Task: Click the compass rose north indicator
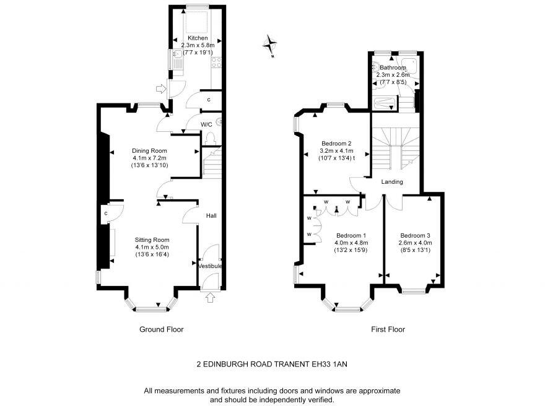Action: click(270, 45)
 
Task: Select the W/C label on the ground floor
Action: click(207, 124)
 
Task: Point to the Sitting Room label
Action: click(152, 240)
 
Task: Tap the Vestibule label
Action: click(210, 266)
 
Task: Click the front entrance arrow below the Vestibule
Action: click(210, 298)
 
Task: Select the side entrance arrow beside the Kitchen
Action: click(162, 89)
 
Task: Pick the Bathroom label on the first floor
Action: click(393, 67)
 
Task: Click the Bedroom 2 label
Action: click(336, 143)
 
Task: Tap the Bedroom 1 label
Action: click(351, 235)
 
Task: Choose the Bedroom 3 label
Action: click(415, 235)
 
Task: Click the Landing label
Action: click(392, 182)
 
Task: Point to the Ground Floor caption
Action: click(161, 329)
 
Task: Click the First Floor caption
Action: click(388, 329)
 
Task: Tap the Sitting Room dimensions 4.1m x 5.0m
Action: click(152, 247)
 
